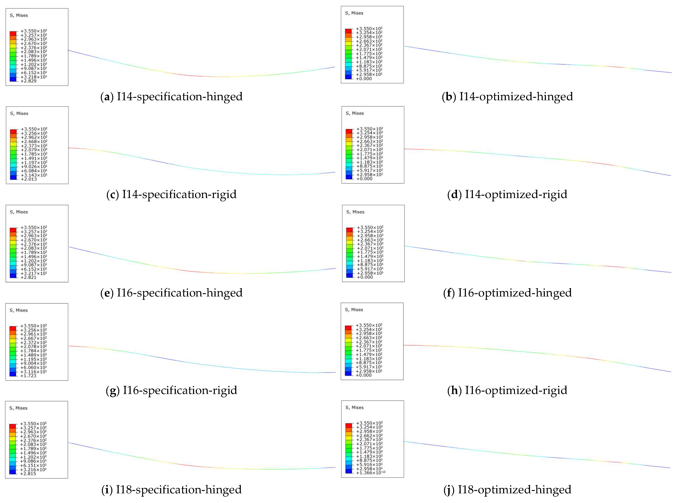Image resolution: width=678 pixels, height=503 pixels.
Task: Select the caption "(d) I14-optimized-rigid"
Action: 507,194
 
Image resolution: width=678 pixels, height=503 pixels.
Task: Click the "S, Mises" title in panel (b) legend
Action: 354,13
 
